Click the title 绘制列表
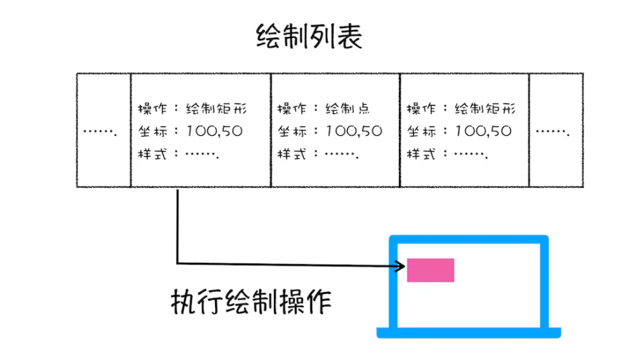(309, 38)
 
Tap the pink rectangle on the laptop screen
(430, 270)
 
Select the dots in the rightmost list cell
(555, 132)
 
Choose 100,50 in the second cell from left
(214, 131)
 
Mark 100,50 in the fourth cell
(483, 131)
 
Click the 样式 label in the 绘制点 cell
(289, 155)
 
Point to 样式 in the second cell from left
(150, 155)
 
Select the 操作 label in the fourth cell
(418, 108)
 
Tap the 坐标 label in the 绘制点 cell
(289, 131)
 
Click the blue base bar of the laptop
(468, 333)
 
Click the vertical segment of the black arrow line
(177, 227)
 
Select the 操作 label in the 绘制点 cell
(289, 108)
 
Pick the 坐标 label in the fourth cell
(418, 131)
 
